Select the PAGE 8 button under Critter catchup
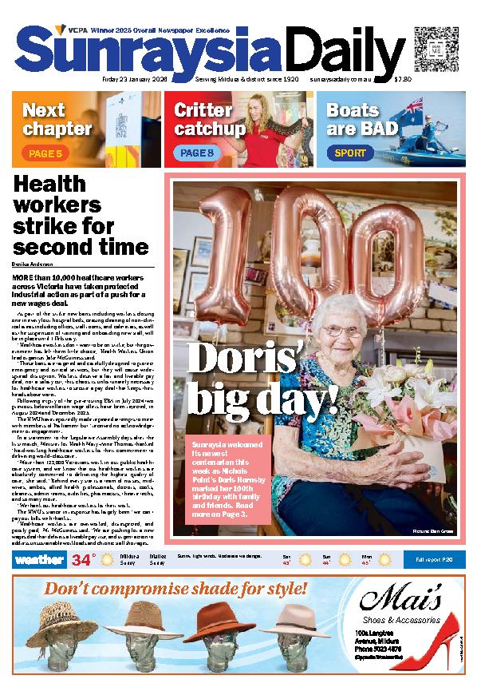tap(196, 152)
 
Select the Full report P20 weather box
tap(431, 582)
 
